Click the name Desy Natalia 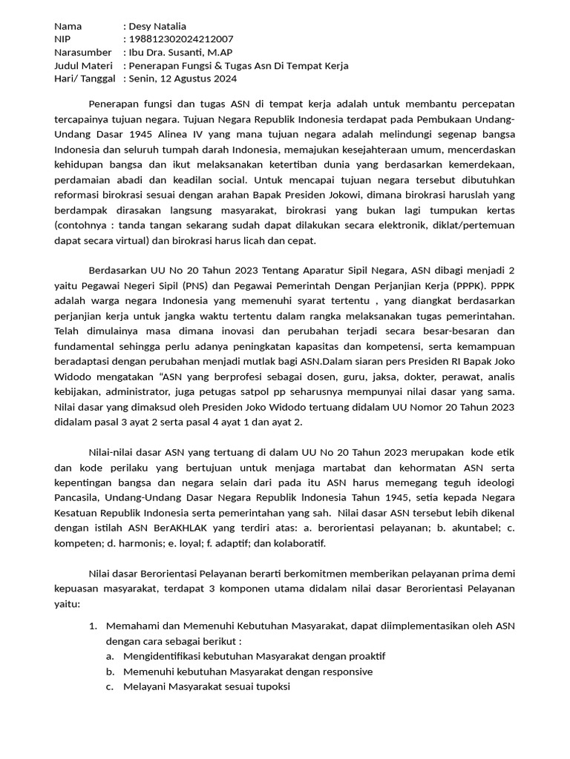click(157, 26)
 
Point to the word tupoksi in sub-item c click(271, 686)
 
